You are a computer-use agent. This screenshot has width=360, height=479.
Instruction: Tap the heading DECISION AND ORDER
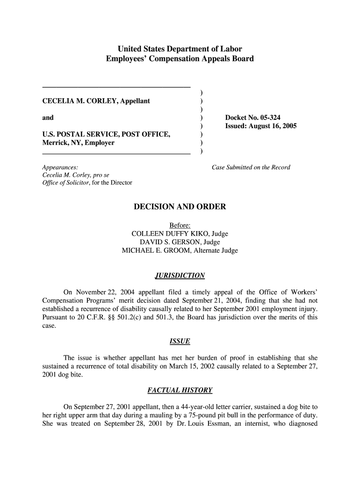(x=180, y=207)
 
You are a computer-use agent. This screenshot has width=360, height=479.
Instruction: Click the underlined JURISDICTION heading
(x=180, y=276)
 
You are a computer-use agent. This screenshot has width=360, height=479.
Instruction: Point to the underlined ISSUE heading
(x=180, y=341)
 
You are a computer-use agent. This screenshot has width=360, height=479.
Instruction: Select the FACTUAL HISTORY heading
(x=180, y=390)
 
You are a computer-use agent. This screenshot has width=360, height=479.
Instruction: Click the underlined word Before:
(x=180, y=225)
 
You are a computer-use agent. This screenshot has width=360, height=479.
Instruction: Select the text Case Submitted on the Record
(x=251, y=167)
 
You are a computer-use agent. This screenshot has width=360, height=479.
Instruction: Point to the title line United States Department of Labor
(x=180, y=49)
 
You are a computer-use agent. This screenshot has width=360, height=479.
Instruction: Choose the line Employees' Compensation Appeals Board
(x=180, y=58)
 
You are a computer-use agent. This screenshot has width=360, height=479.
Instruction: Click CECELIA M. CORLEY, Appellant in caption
(x=96, y=101)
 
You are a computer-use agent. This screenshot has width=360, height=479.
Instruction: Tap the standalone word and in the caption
(x=48, y=117)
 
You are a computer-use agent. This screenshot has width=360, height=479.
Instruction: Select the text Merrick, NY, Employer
(x=78, y=143)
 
